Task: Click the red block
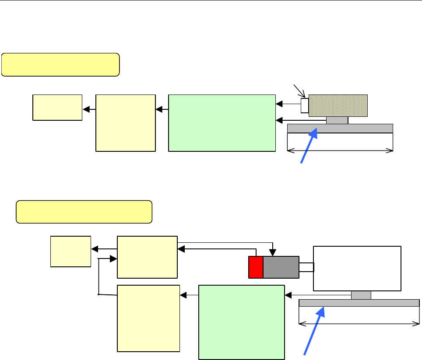pyautogui.click(x=256, y=267)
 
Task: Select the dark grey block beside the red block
pyautogui.click(x=281, y=267)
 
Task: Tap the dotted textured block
pyautogui.click(x=338, y=105)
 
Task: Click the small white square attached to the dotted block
pyautogui.click(x=305, y=105)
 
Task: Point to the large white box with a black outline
pyautogui.click(x=357, y=268)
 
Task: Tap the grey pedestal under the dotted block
pyautogui.click(x=337, y=120)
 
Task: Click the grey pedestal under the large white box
pyautogui.click(x=361, y=295)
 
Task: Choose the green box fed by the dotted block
pyautogui.click(x=222, y=123)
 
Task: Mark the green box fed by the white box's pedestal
pyautogui.click(x=241, y=322)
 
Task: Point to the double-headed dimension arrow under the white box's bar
pyautogui.click(x=359, y=324)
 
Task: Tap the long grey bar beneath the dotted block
pyautogui.click(x=340, y=128)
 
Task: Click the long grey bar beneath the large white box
pyautogui.click(x=359, y=303)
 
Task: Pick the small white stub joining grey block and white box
pyautogui.click(x=306, y=267)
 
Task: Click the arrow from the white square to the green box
pyautogui.click(x=288, y=105)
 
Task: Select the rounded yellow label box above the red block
pyautogui.click(x=84, y=212)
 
